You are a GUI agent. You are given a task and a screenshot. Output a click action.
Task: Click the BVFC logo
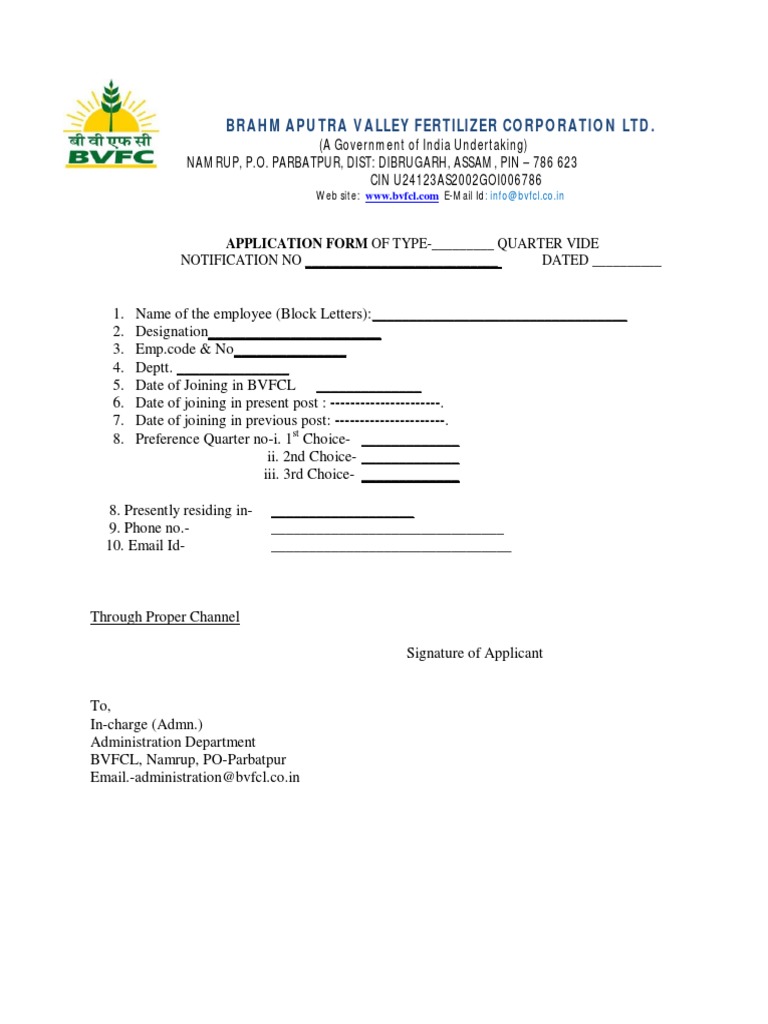coord(109,125)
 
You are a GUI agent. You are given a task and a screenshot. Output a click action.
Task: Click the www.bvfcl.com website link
coord(401,196)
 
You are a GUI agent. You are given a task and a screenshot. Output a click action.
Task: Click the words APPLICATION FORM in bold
coord(297,244)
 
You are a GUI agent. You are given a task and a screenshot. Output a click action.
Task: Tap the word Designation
coord(172,331)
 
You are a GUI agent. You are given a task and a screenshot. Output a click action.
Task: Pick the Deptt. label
coord(154,367)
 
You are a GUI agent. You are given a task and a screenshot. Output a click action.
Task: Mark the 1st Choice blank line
coord(410,443)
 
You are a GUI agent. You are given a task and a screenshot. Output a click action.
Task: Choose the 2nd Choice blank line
coord(410,461)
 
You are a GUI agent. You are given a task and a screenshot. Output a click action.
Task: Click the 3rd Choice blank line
coord(410,479)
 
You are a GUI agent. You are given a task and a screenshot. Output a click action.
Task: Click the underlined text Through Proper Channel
coord(165,617)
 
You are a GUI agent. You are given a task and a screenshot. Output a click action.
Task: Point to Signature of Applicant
coord(474,653)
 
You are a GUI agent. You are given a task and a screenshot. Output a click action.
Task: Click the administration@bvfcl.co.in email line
coord(195,776)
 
